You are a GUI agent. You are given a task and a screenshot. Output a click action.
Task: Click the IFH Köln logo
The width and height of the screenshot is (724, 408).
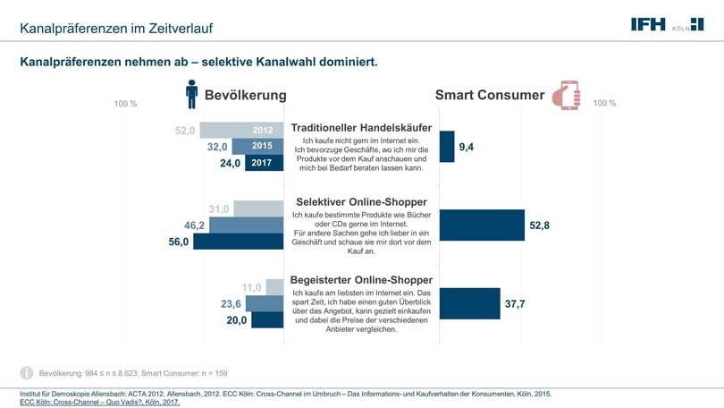666,24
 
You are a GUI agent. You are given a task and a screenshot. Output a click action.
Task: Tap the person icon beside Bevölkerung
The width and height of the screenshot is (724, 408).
191,94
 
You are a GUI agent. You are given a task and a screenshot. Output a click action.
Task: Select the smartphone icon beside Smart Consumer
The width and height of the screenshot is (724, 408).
566,95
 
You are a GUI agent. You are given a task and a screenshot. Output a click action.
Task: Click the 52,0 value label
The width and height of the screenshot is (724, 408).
185,130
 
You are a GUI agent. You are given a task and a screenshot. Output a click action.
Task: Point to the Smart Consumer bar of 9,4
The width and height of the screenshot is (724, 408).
447,146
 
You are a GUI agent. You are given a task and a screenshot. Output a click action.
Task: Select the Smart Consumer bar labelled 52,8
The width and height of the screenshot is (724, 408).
482,225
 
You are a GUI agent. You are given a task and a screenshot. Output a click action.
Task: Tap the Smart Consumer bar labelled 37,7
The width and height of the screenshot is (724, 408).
470,304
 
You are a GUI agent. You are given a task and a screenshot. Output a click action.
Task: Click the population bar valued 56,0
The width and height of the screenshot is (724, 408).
238,242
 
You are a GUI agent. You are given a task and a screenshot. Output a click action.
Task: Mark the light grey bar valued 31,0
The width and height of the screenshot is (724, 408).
259,209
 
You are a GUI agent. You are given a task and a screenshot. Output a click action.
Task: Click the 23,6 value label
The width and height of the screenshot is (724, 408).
232,304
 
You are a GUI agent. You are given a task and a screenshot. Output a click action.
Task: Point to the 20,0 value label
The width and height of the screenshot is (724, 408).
236,320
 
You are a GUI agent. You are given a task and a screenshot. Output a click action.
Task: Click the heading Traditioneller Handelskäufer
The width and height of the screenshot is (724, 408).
361,128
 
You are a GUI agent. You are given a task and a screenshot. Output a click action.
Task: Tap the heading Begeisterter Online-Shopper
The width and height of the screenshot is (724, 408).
361,278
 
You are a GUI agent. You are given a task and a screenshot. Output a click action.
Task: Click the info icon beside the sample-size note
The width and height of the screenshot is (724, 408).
27,372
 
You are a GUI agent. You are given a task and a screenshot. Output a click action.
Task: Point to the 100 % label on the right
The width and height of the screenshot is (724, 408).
604,104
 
